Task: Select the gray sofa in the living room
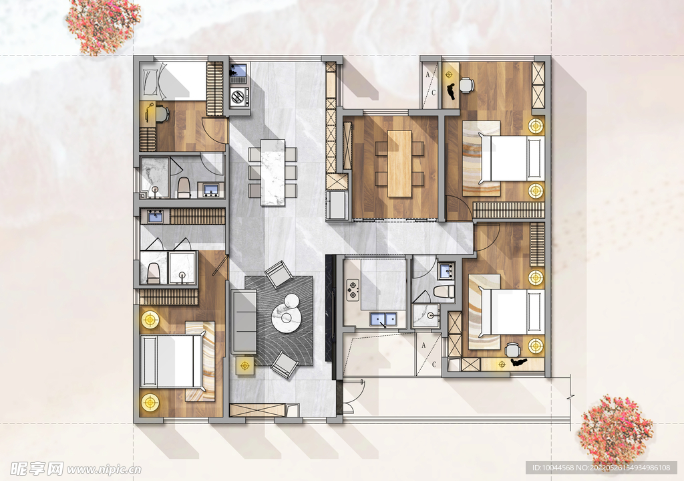(243, 322)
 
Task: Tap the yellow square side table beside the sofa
(246, 365)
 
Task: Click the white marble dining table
(273, 172)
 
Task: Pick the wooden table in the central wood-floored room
(400, 164)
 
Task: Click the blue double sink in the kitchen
(383, 319)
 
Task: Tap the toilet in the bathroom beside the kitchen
(444, 292)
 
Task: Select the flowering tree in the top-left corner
(103, 26)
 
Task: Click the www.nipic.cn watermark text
(104, 470)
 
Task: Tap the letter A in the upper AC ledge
(428, 75)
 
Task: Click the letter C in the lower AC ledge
(434, 364)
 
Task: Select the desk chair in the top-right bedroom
(466, 85)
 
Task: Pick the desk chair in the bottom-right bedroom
(513, 350)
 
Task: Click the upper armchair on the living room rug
(279, 274)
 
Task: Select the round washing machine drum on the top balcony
(238, 96)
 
